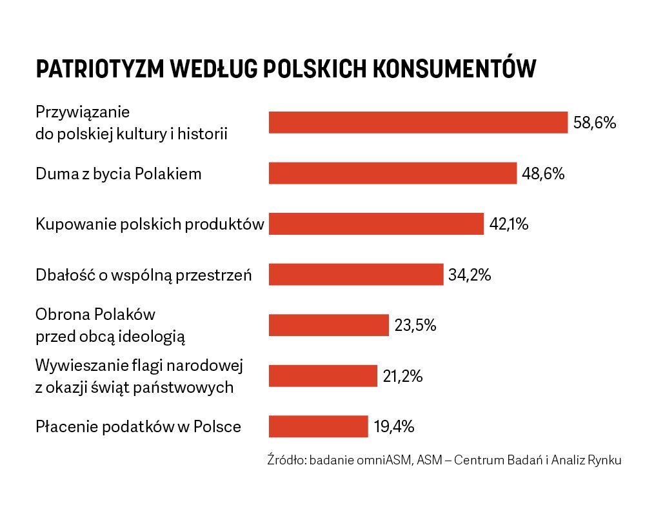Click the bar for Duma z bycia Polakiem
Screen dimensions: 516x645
pyautogui.click(x=392, y=174)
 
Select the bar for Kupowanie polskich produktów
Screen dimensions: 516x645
pyautogui.click(x=376, y=224)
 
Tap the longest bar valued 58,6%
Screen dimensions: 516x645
pyautogui.click(x=418, y=122)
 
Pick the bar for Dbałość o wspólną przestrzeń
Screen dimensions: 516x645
pyautogui.click(x=356, y=274)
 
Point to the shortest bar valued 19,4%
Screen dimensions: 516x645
pyautogui.click(x=318, y=426)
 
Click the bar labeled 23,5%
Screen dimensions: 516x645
pyautogui.click(x=329, y=325)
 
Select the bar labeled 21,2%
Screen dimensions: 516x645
pyautogui.click(x=322, y=375)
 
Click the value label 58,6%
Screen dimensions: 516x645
pyautogui.click(x=595, y=123)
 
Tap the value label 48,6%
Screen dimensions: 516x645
pyautogui.click(x=543, y=174)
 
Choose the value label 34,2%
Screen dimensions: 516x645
pyautogui.click(x=470, y=275)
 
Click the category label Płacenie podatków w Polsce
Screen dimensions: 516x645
pyautogui.click(x=138, y=427)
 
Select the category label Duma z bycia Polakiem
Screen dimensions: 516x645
pyautogui.click(x=119, y=174)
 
